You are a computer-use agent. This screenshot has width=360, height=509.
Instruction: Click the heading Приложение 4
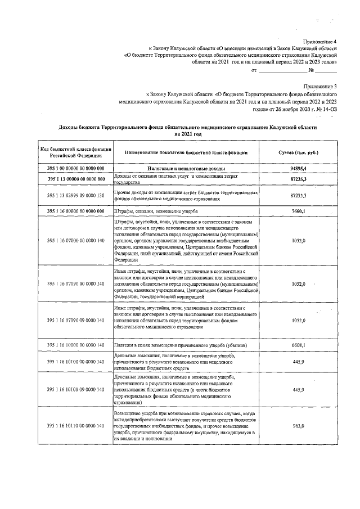[x=320, y=42]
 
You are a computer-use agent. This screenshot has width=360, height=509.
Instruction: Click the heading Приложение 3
[x=320, y=87]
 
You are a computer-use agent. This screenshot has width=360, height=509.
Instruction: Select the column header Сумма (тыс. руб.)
[x=299, y=153]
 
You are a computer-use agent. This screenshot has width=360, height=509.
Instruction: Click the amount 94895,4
[x=299, y=169]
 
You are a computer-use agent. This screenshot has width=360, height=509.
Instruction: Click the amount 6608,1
[x=299, y=345]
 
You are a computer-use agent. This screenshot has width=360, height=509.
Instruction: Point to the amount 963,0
[x=299, y=426]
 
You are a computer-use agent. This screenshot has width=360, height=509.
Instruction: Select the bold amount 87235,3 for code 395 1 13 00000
[x=299, y=179]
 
